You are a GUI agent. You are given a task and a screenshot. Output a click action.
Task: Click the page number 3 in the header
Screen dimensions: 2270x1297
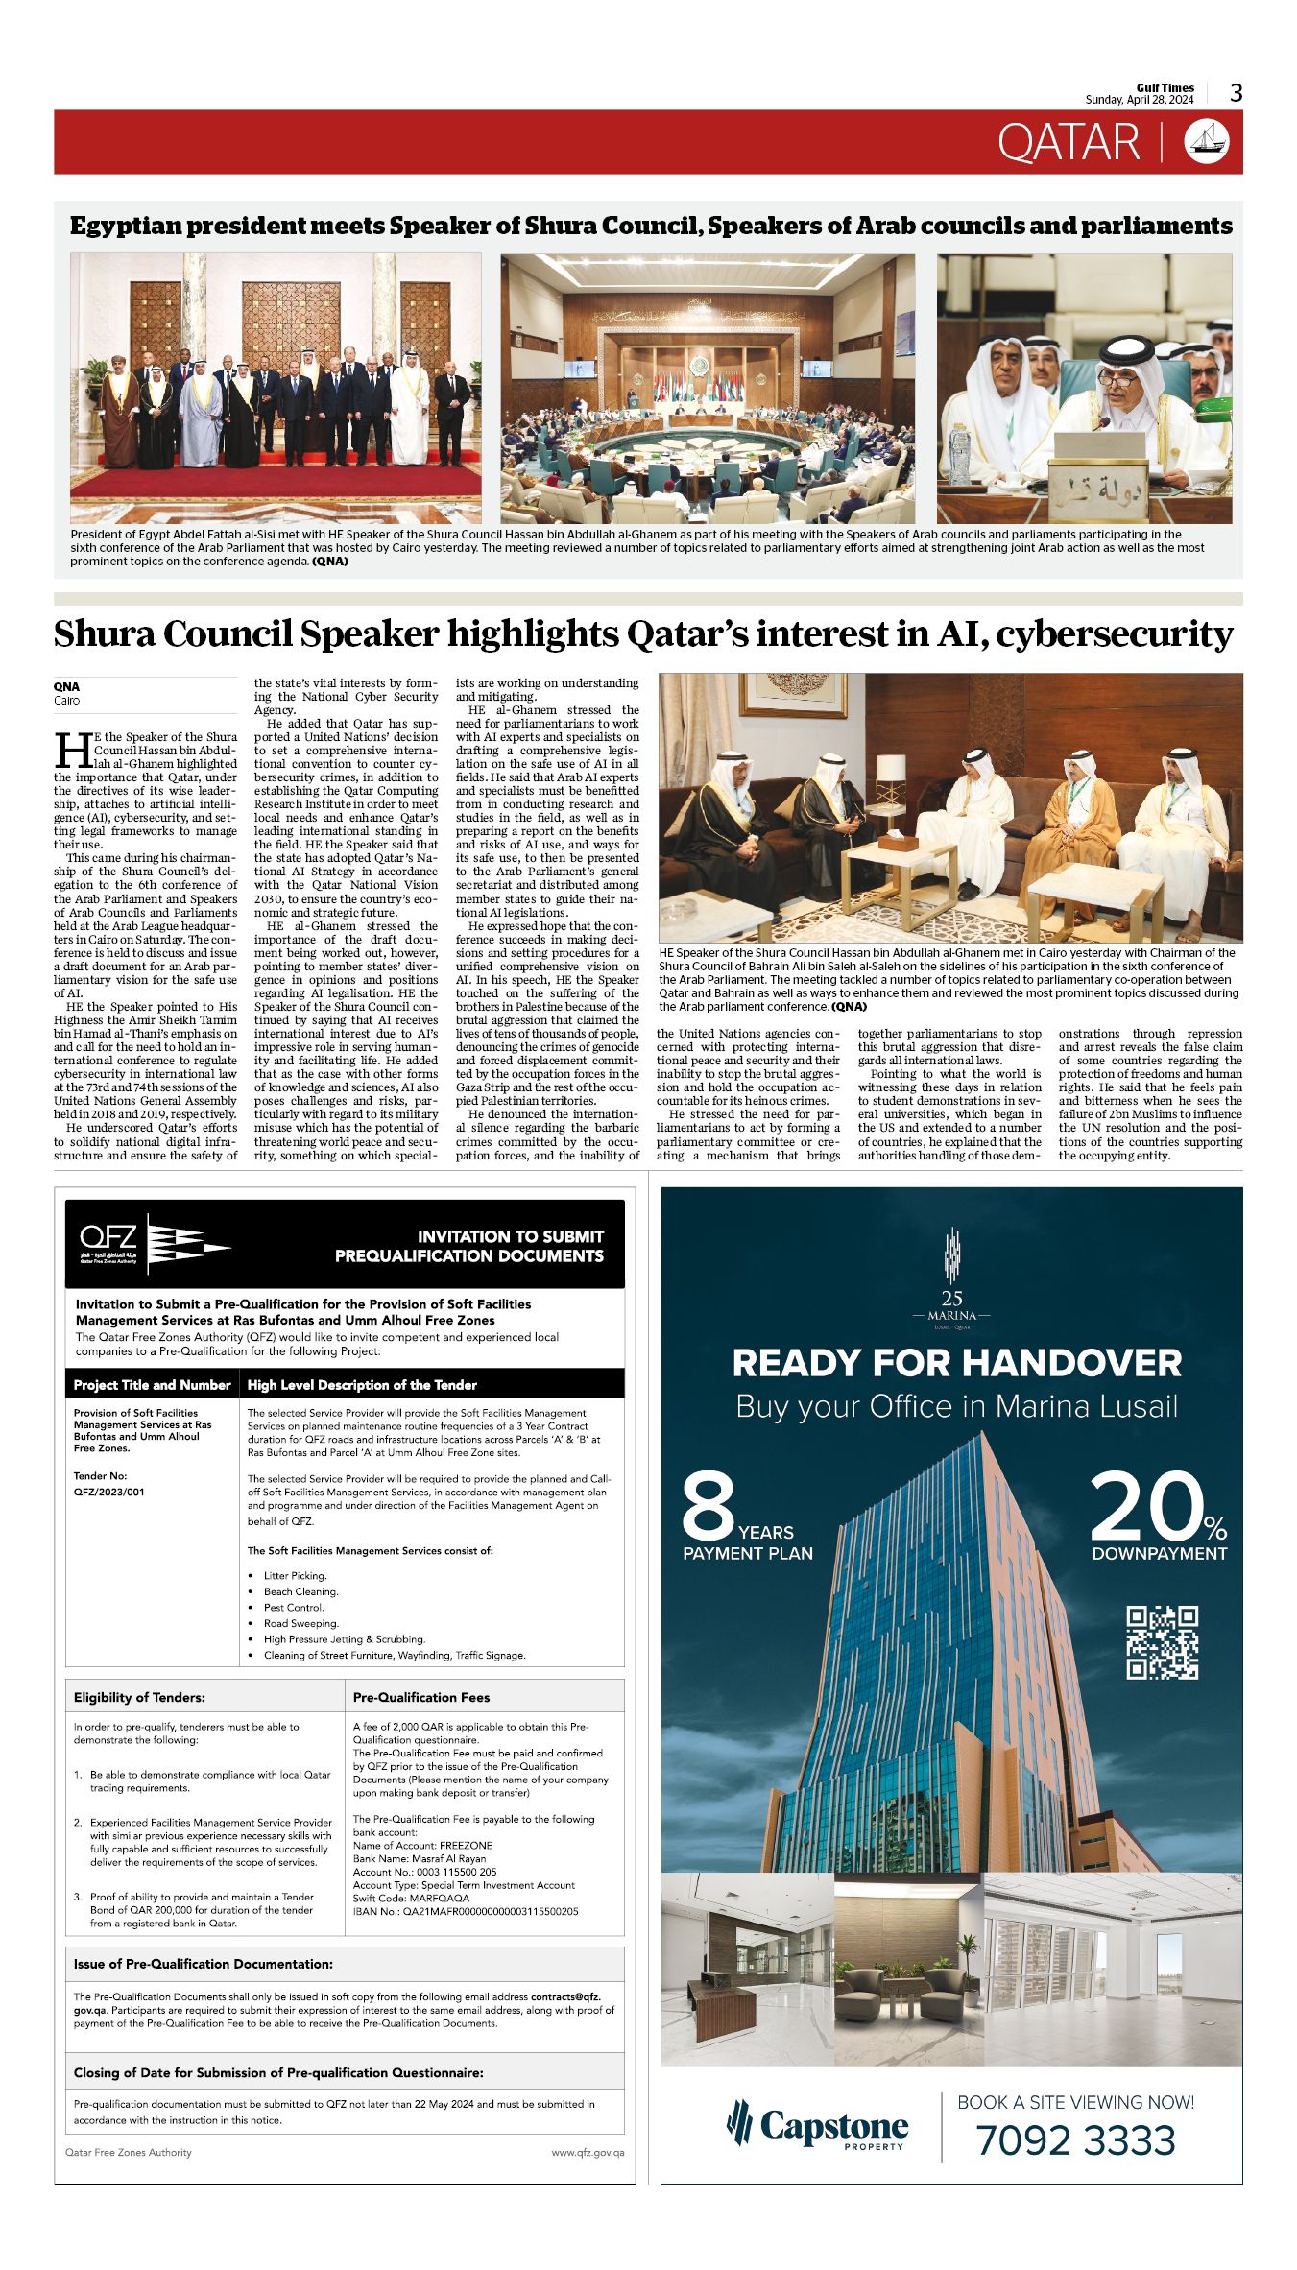click(x=1237, y=93)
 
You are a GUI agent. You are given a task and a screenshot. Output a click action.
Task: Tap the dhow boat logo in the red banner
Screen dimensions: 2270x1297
click(x=1207, y=142)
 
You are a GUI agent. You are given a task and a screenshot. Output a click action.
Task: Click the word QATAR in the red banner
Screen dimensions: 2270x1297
click(x=1069, y=143)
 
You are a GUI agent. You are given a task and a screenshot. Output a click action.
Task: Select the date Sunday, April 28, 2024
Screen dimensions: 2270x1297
click(x=1140, y=100)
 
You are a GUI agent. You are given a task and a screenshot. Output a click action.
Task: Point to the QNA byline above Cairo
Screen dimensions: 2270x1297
click(x=67, y=686)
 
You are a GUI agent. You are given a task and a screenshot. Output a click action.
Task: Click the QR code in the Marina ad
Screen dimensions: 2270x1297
click(x=1162, y=1642)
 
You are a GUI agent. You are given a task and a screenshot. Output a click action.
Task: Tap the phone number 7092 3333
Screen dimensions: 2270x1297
click(x=1075, y=2141)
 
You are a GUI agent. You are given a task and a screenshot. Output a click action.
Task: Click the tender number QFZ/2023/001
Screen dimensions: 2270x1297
click(x=109, y=1492)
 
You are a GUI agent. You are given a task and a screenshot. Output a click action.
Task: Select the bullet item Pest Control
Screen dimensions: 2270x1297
click(x=294, y=1607)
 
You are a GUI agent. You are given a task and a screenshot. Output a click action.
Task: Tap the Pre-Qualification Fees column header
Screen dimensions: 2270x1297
click(x=421, y=1697)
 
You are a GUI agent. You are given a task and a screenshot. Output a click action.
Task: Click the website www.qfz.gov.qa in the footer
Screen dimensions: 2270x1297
click(x=588, y=2152)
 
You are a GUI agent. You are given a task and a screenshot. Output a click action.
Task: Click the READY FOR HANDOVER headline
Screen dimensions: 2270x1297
click(x=956, y=1363)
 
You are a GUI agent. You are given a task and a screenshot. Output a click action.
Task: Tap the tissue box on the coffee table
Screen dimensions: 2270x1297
click(x=899, y=842)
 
